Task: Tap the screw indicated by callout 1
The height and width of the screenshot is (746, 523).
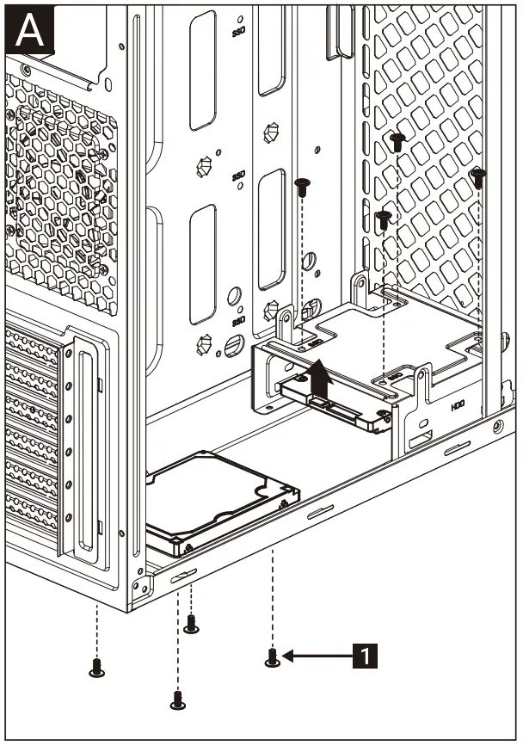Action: click(273, 657)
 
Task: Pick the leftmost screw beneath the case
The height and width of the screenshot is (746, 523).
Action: click(96, 667)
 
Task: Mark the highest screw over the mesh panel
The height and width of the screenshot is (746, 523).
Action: click(397, 141)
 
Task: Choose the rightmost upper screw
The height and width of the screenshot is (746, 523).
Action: click(478, 177)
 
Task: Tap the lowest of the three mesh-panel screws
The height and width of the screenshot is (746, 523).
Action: click(385, 218)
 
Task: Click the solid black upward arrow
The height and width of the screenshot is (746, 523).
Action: click(319, 378)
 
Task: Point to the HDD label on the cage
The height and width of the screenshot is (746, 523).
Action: click(458, 406)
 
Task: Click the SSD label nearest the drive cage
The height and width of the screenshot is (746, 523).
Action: click(239, 176)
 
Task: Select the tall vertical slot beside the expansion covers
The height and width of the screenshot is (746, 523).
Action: click(83, 447)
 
